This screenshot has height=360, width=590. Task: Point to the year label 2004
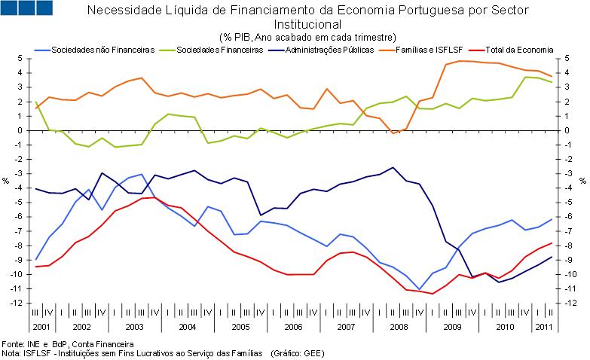[188, 327]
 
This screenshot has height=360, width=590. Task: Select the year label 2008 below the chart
[399, 327]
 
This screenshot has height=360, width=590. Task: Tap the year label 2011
[543, 327]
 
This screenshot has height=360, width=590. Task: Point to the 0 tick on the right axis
[567, 130]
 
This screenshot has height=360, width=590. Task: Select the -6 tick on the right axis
[570, 217]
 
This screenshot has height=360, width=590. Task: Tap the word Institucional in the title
[307, 23]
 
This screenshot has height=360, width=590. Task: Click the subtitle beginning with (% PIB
[307, 37]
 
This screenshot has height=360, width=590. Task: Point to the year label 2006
[293, 327]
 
